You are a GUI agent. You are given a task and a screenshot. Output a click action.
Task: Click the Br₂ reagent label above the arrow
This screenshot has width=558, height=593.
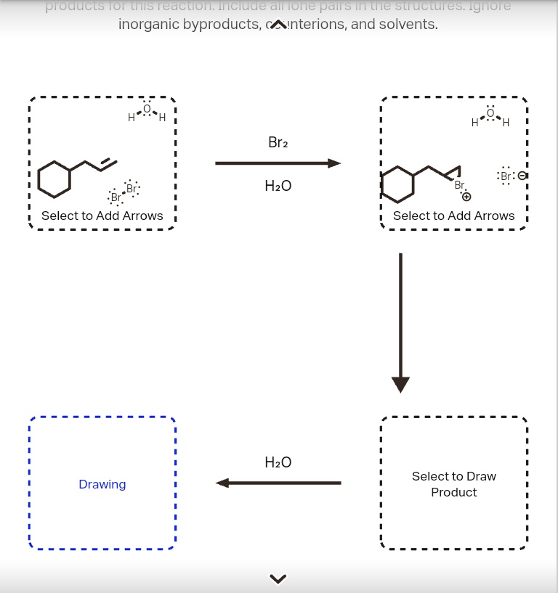point(278,143)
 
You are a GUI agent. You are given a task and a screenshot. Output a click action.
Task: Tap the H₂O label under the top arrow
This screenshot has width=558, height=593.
point(278,187)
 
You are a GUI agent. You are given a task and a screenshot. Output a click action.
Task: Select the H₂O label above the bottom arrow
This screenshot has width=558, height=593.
point(278,462)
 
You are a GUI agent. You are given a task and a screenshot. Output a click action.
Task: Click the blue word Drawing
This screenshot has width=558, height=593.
point(102,484)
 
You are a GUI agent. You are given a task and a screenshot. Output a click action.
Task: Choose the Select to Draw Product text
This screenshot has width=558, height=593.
point(454,484)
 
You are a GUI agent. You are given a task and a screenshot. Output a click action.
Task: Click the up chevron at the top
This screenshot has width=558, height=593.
point(278,25)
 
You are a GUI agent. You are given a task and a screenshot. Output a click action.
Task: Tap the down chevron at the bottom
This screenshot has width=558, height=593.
point(278,578)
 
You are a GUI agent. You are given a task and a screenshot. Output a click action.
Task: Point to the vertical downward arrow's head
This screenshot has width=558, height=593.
point(400,384)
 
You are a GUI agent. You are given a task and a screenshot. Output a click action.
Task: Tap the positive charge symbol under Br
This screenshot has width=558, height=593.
point(466,197)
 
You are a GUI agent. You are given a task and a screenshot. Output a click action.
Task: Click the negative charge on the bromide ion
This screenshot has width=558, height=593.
point(521,176)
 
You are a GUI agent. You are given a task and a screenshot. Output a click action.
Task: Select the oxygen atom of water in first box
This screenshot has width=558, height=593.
point(147,109)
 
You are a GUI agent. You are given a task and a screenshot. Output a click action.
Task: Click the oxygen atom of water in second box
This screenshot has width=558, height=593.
point(490,113)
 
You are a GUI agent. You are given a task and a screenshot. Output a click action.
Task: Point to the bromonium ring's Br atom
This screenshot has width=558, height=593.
point(459,186)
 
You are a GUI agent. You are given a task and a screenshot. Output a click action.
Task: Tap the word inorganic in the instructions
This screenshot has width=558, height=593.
point(147,24)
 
